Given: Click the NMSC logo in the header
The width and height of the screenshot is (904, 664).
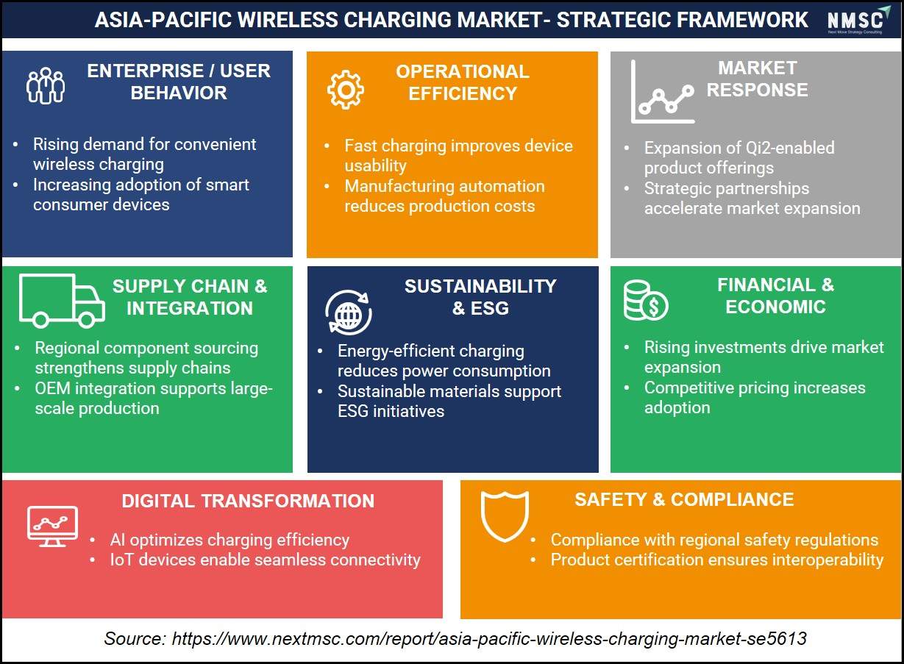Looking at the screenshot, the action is [x=858, y=19].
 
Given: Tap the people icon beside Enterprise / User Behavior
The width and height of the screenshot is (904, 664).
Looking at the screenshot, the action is [x=46, y=85].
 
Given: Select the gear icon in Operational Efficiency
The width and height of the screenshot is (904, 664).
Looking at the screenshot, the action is [x=346, y=90].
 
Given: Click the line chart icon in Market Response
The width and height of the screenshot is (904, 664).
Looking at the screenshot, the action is [x=663, y=92].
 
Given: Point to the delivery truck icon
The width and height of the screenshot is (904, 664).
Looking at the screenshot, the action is [x=62, y=301].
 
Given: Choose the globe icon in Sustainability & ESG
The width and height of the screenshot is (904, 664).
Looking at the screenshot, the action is [x=349, y=313].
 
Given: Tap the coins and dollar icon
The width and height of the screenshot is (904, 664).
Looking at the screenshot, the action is [x=646, y=301].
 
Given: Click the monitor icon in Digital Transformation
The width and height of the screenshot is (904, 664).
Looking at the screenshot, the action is [x=52, y=526].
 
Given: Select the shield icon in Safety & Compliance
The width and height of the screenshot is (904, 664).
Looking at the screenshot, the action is [x=505, y=516].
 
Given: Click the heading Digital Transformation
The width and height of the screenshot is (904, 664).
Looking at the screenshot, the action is [x=248, y=501].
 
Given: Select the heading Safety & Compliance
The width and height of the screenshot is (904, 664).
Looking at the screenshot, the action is [x=685, y=500].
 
